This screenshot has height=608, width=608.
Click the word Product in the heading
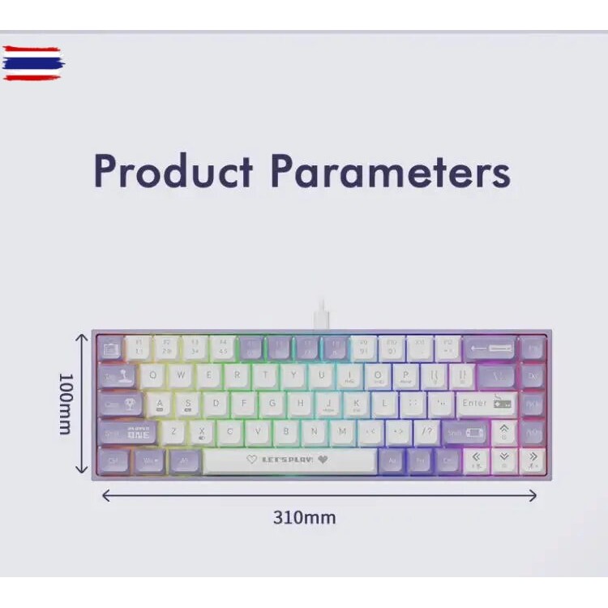tap(173, 171)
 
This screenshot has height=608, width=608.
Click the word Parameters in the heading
tap(390, 171)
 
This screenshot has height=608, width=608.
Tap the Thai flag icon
tap(32, 63)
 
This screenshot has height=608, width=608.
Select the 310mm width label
tap(304, 517)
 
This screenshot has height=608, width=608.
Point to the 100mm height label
tap(66, 403)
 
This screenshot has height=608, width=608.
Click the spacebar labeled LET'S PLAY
tap(289, 460)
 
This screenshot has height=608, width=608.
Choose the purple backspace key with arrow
tap(489, 349)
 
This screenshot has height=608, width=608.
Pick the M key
tap(343, 431)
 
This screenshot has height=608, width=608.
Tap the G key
tap(272, 403)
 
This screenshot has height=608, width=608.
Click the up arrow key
tap(503, 431)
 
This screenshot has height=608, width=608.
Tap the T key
tap(264, 375)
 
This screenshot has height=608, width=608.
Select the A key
tap(160, 403)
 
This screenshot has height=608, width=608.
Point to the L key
tap(384, 403)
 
